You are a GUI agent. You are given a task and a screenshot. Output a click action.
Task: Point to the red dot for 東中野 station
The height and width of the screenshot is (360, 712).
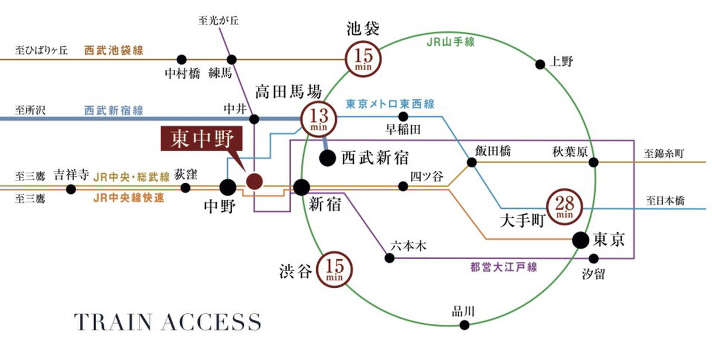pos(254,181)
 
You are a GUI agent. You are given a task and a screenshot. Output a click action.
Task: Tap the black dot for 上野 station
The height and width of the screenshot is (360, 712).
pos(540,64)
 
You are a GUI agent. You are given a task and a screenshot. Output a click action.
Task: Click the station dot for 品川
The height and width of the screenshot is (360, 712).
pos(465,324)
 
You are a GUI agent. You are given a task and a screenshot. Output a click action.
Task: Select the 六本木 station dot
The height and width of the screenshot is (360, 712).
pos(390,258)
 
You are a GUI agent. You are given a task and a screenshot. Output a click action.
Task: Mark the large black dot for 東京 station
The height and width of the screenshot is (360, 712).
pos(581,240)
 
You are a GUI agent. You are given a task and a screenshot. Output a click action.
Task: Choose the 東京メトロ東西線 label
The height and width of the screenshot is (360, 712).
pos(390,104)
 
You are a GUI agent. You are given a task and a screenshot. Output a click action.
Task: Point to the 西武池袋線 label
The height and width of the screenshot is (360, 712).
pos(113,50)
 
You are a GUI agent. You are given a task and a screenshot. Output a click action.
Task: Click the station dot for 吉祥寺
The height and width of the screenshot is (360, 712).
pos(71,189)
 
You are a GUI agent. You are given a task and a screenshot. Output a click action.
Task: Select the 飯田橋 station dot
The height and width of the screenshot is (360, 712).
pos(472,161)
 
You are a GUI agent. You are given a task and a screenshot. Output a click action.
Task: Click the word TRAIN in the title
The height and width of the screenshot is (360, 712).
pos(113,322)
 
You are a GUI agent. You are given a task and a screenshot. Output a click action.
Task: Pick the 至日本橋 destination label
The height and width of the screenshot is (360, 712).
pos(665,201)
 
